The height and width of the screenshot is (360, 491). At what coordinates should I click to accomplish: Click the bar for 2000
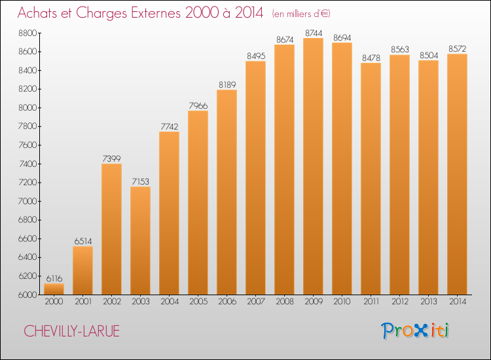54,289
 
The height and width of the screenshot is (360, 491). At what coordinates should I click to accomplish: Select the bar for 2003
140,240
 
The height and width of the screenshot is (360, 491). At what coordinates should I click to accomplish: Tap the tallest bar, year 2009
313,166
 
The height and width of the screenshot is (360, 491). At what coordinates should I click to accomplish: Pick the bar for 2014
457,174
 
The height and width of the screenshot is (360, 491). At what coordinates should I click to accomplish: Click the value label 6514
83,242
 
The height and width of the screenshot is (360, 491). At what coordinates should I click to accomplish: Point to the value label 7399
111,158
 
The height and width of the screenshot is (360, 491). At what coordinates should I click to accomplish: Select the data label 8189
227,85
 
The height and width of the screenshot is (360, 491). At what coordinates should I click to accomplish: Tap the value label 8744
314,33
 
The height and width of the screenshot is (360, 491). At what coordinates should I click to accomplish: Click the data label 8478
371,58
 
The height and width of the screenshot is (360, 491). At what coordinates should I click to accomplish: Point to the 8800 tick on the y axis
28,33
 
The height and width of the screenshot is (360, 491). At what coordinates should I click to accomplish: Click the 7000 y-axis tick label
28,201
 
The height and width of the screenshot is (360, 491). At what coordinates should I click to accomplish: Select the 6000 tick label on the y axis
28,295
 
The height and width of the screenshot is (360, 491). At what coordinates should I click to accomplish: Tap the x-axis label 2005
198,302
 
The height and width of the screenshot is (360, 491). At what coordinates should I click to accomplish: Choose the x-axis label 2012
400,302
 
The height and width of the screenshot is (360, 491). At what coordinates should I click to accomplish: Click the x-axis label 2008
285,302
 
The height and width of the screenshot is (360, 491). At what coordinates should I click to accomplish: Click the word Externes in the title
156,13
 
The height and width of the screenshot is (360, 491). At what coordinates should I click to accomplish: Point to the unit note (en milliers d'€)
301,14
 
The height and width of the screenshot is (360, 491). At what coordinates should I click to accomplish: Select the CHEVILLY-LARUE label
72,331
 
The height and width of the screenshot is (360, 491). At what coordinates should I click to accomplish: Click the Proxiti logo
415,331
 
